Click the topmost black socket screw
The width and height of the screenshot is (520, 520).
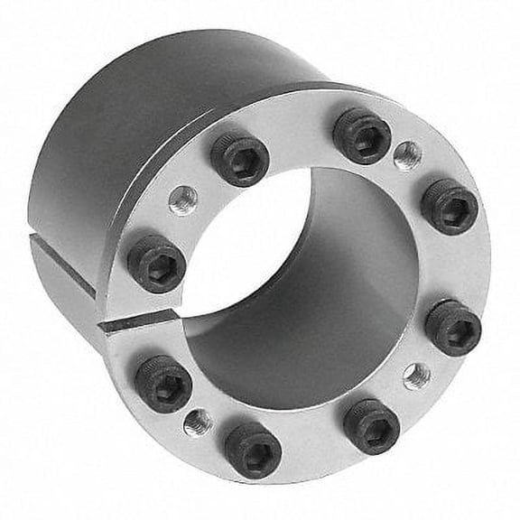[x=361, y=135]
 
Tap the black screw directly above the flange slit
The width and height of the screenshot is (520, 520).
[x=156, y=264]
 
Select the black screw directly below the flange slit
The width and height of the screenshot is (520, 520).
[x=163, y=383]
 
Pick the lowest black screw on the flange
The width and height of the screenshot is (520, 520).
[x=252, y=449]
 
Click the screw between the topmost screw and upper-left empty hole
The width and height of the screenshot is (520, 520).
[x=239, y=159]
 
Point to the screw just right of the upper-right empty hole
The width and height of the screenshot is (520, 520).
[x=449, y=207]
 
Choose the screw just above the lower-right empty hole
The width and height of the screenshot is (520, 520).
[x=453, y=327]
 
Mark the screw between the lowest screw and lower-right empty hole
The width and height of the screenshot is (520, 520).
[x=371, y=426]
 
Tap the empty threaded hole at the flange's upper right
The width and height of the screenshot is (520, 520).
[x=408, y=154]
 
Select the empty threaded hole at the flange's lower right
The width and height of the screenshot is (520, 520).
[x=416, y=376]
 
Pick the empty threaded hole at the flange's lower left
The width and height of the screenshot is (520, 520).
[x=199, y=422]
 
